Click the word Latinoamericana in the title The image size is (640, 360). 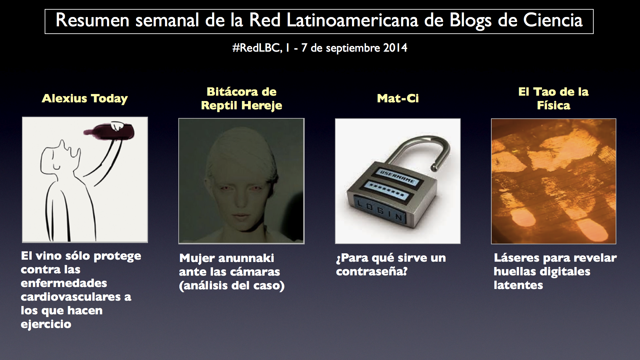pos(352,20)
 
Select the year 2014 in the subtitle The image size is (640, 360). pos(395,48)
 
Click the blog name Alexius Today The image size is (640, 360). pos(85,99)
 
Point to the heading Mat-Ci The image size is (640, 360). pos(398,98)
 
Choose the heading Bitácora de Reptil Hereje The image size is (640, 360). pos(241,99)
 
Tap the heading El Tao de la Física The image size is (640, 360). pos(553,99)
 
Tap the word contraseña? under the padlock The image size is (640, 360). pos(372,272)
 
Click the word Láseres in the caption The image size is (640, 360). pos(517,258)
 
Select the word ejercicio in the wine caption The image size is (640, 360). pos(46,324)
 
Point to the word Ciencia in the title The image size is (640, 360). pos(553,20)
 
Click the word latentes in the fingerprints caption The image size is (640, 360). pos(518,285)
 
